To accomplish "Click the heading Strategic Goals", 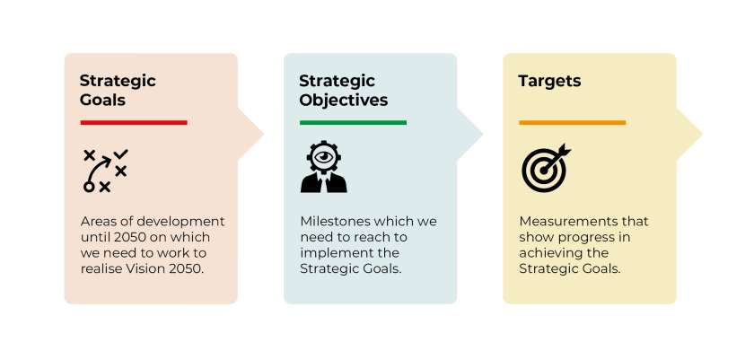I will tap(118, 90).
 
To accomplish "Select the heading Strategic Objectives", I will tap(343, 90).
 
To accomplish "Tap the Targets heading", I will tap(549, 81).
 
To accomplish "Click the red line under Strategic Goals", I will tap(134, 122).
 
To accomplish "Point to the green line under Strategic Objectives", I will tap(353, 122).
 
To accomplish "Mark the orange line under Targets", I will tap(572, 122).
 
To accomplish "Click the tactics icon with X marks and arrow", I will tap(105, 170).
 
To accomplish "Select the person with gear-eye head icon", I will tap(323, 168).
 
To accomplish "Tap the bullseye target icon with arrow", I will tap(545, 168).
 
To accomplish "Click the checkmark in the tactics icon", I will tap(121, 154).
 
